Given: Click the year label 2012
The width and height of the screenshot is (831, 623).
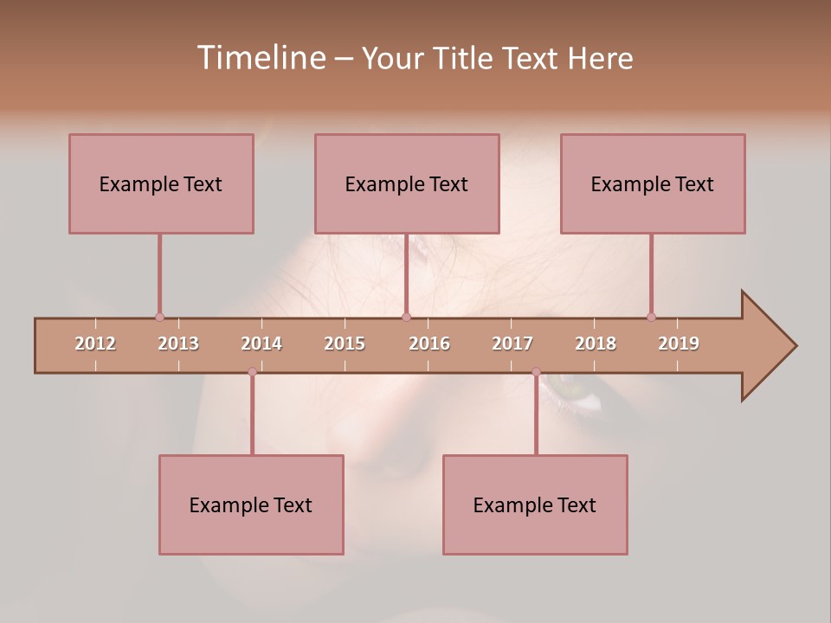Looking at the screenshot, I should (x=95, y=344).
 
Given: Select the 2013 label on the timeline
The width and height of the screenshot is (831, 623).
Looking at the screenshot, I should (x=178, y=344).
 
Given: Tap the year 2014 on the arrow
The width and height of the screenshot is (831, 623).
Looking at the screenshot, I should (x=261, y=344).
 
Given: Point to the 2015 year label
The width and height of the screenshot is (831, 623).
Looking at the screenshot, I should (x=345, y=344).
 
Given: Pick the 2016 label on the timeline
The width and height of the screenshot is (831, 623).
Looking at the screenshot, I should (x=429, y=344).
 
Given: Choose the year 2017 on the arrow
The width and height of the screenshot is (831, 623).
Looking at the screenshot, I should (x=512, y=344).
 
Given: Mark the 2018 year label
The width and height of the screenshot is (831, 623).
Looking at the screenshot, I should (x=596, y=344).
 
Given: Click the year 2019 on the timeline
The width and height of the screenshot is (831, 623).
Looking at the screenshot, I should (x=679, y=344).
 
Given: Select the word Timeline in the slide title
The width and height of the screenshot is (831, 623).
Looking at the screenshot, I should (x=260, y=58).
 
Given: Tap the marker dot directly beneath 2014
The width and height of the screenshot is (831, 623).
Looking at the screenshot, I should (x=252, y=372).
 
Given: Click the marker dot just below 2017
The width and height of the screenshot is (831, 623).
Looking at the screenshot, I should (x=536, y=372).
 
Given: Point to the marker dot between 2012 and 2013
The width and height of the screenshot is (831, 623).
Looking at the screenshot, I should (x=159, y=317).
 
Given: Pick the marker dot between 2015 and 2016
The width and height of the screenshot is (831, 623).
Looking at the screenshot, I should (x=406, y=317).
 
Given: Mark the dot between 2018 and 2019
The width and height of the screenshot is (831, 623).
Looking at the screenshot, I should (x=651, y=317).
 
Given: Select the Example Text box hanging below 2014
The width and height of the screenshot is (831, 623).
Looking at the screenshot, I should (x=251, y=504).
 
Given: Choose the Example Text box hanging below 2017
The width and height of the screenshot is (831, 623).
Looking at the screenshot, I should (x=535, y=504).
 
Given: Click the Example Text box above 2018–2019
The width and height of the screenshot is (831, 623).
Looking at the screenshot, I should (x=653, y=183).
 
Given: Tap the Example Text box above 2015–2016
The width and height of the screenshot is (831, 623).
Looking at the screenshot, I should (x=407, y=183).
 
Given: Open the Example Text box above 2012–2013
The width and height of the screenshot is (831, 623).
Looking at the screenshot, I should (x=161, y=183).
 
